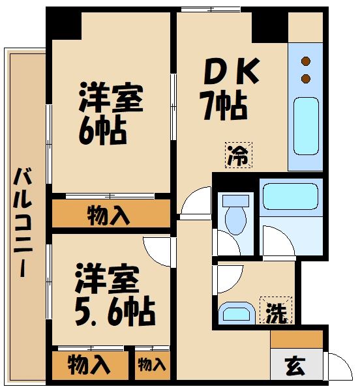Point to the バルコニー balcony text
24,222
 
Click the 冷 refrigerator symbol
237,155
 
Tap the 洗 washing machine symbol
277,311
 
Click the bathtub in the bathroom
289,195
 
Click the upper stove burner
305,63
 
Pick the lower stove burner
305,79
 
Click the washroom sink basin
236,312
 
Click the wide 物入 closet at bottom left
89,365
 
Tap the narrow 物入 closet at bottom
152,366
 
